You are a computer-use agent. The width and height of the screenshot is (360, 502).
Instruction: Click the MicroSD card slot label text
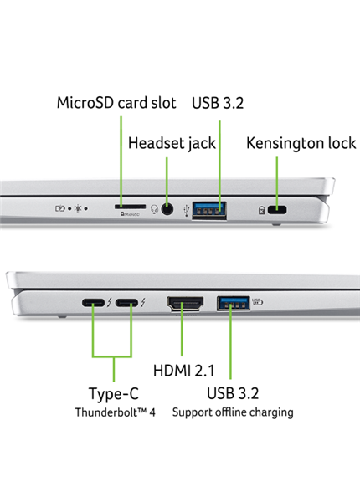[116, 103]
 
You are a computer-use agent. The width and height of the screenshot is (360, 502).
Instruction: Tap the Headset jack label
[172, 143]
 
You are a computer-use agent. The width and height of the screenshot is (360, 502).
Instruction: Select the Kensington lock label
[300, 143]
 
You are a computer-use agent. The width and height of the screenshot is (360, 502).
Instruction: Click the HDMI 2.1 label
[187, 369]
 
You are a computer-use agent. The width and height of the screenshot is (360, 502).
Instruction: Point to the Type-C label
[113, 393]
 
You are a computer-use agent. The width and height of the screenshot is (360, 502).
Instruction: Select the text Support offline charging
[233, 412]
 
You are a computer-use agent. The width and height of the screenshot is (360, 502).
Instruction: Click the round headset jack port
[172, 209]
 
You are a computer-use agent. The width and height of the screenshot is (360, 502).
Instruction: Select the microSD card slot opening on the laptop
[128, 204]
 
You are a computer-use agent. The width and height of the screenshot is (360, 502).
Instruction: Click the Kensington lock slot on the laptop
[280, 210]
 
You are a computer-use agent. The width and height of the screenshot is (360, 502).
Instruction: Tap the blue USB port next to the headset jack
[209, 208]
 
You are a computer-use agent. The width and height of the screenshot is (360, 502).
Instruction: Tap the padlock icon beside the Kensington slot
[263, 211]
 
